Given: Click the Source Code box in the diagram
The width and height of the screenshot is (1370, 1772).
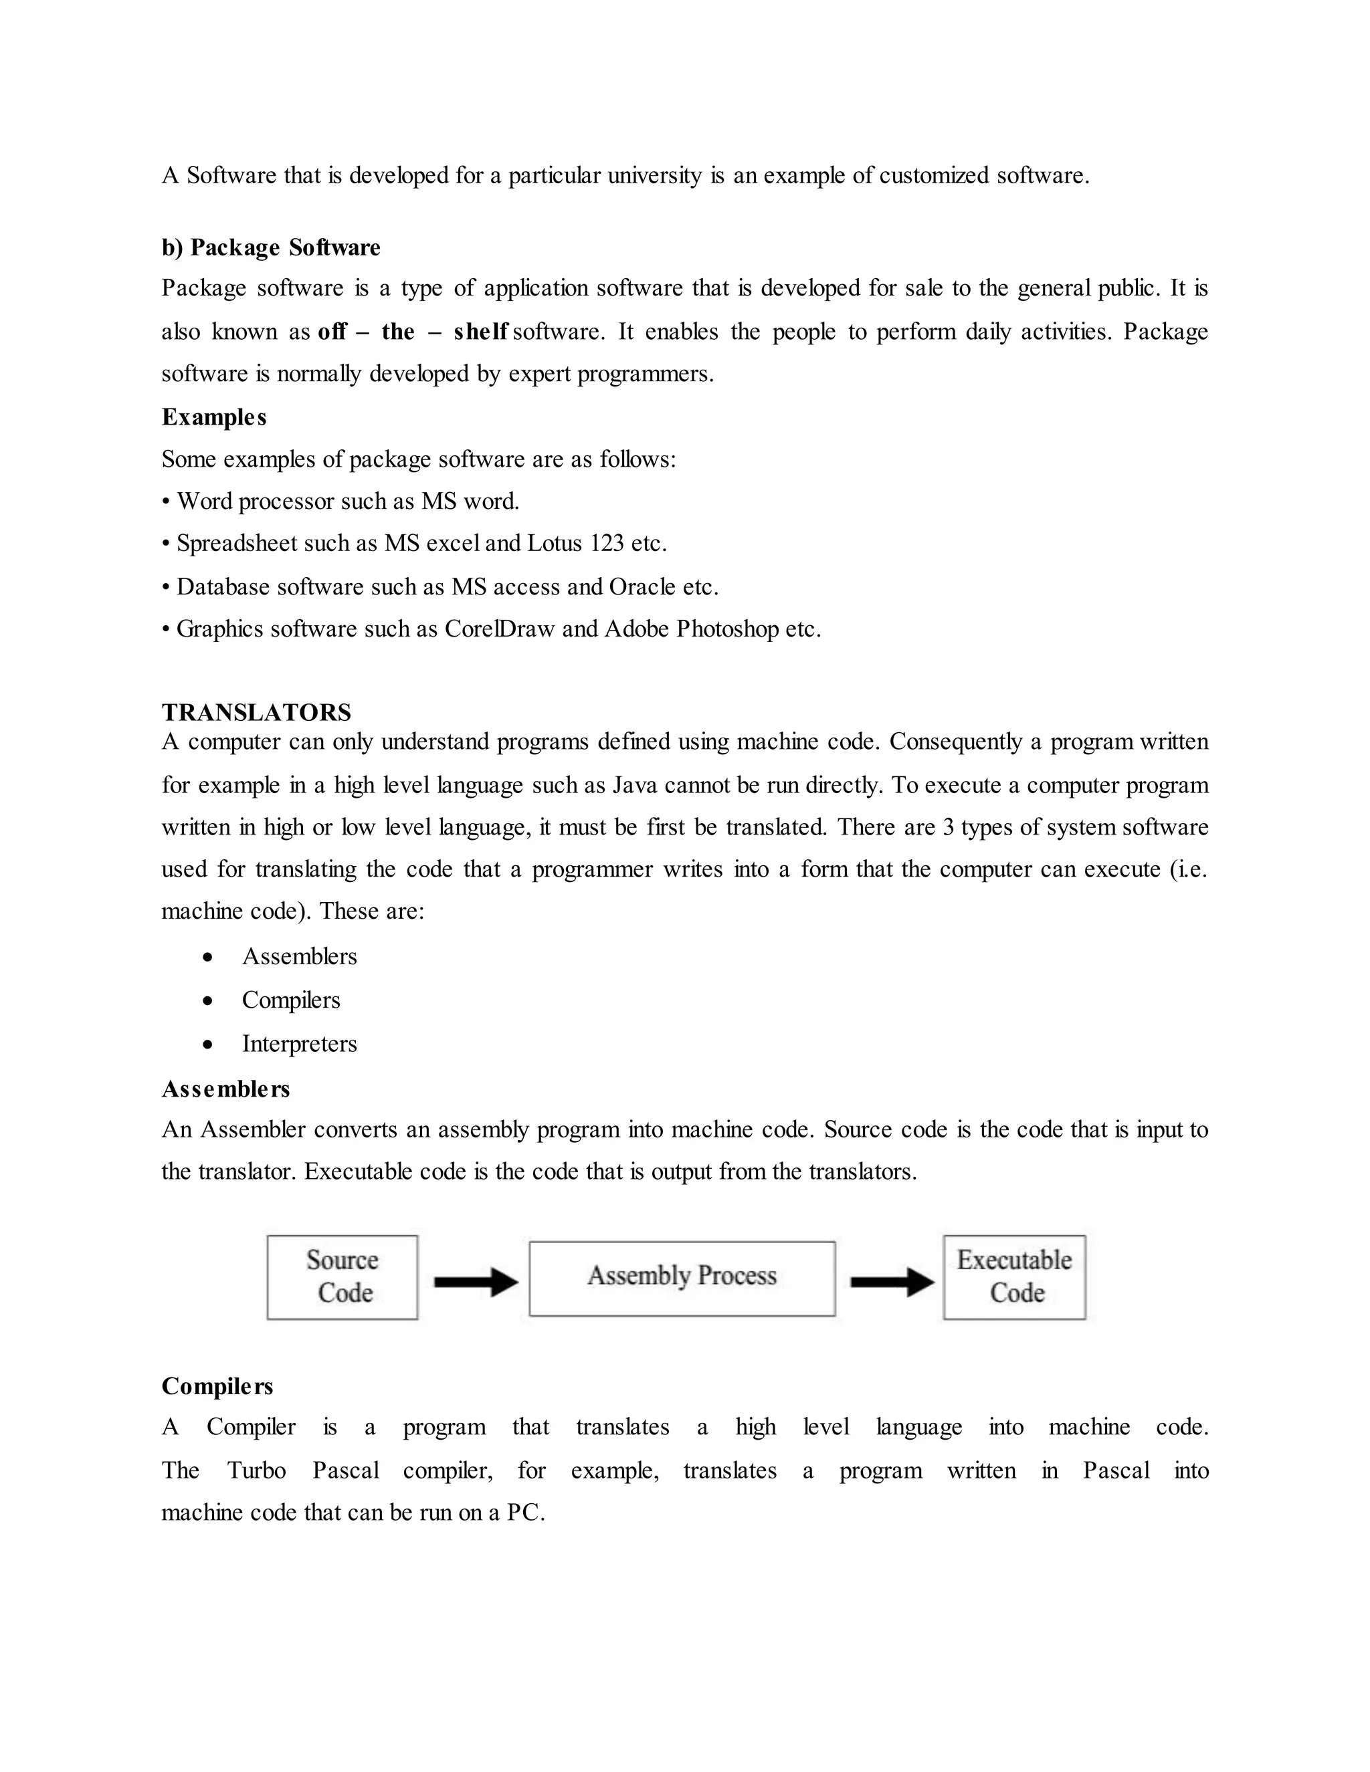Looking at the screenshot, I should point(342,1277).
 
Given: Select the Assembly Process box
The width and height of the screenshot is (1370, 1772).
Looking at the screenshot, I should point(682,1278).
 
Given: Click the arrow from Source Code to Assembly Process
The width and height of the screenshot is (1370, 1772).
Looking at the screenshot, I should point(476,1282).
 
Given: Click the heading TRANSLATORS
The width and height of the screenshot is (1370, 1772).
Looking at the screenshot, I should point(256,712).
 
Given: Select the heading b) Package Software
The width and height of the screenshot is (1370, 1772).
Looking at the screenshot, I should point(271,247).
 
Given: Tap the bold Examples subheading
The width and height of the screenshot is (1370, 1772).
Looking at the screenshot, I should point(214,417).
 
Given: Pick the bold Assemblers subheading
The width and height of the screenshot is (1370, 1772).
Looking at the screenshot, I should point(225,1089).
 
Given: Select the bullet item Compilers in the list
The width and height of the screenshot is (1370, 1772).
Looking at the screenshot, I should point(290,1000).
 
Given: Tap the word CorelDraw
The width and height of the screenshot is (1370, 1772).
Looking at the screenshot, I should point(499,629).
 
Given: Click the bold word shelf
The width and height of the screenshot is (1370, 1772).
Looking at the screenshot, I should point(480,332).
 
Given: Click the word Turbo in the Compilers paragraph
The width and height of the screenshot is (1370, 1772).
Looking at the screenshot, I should point(256,1470).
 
